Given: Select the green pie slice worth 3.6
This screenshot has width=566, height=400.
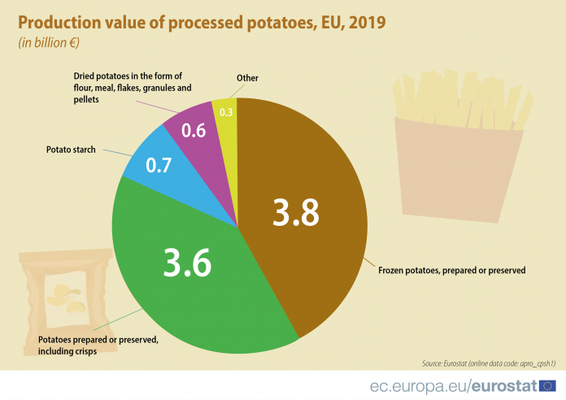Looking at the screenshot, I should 187,276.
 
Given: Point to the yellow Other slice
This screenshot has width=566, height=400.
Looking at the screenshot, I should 227,122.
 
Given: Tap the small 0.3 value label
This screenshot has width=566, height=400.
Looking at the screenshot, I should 227,113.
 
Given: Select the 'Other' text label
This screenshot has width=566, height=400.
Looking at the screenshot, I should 247,78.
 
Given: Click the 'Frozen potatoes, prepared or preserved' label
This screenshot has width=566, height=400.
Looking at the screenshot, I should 452,269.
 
